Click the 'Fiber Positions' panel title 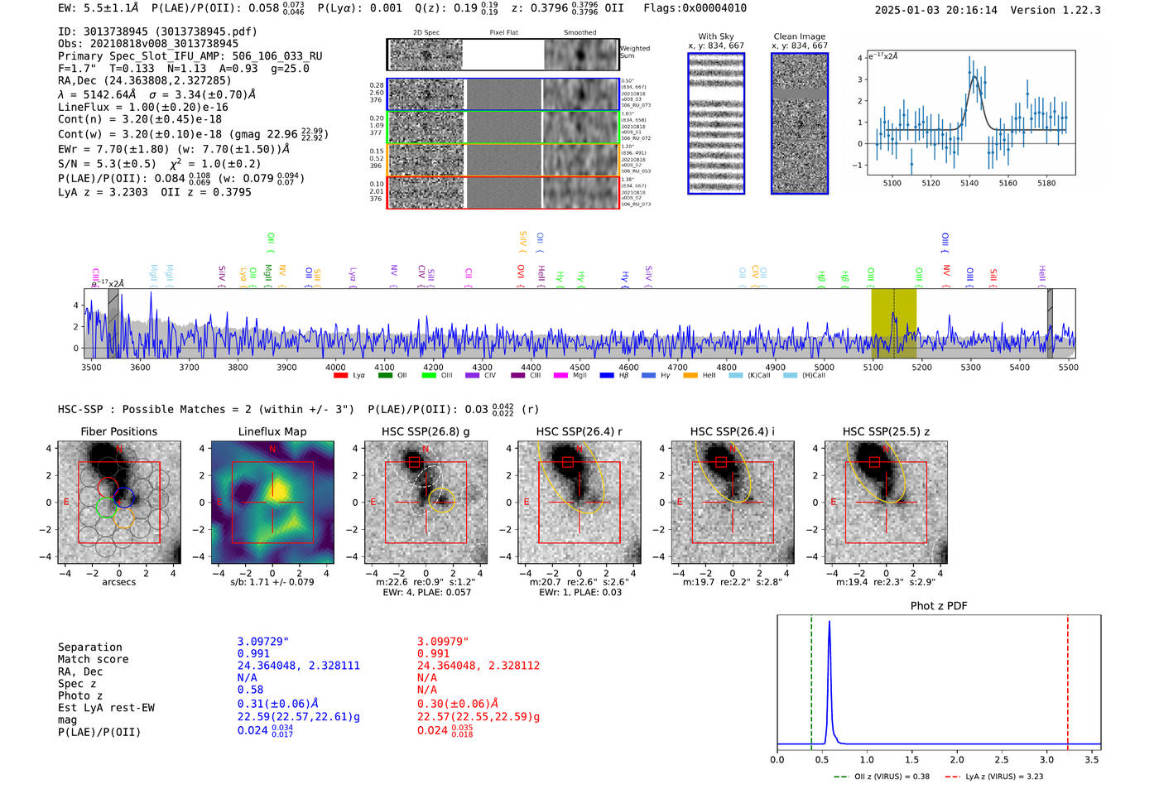118,431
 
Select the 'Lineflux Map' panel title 272,431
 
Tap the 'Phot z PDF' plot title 938,605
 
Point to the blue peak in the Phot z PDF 829,623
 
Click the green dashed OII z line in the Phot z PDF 811,679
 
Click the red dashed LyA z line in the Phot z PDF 1067,679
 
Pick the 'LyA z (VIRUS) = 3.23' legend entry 1003,777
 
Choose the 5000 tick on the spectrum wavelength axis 824,367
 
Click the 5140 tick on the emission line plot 969,183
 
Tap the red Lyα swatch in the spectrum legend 340,376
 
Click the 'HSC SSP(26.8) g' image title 426,431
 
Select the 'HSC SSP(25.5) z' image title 886,431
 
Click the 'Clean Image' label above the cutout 799,36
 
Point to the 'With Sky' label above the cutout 715,36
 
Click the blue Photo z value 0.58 250,690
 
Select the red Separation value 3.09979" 443,642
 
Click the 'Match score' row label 93,659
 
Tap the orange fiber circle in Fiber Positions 123,519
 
